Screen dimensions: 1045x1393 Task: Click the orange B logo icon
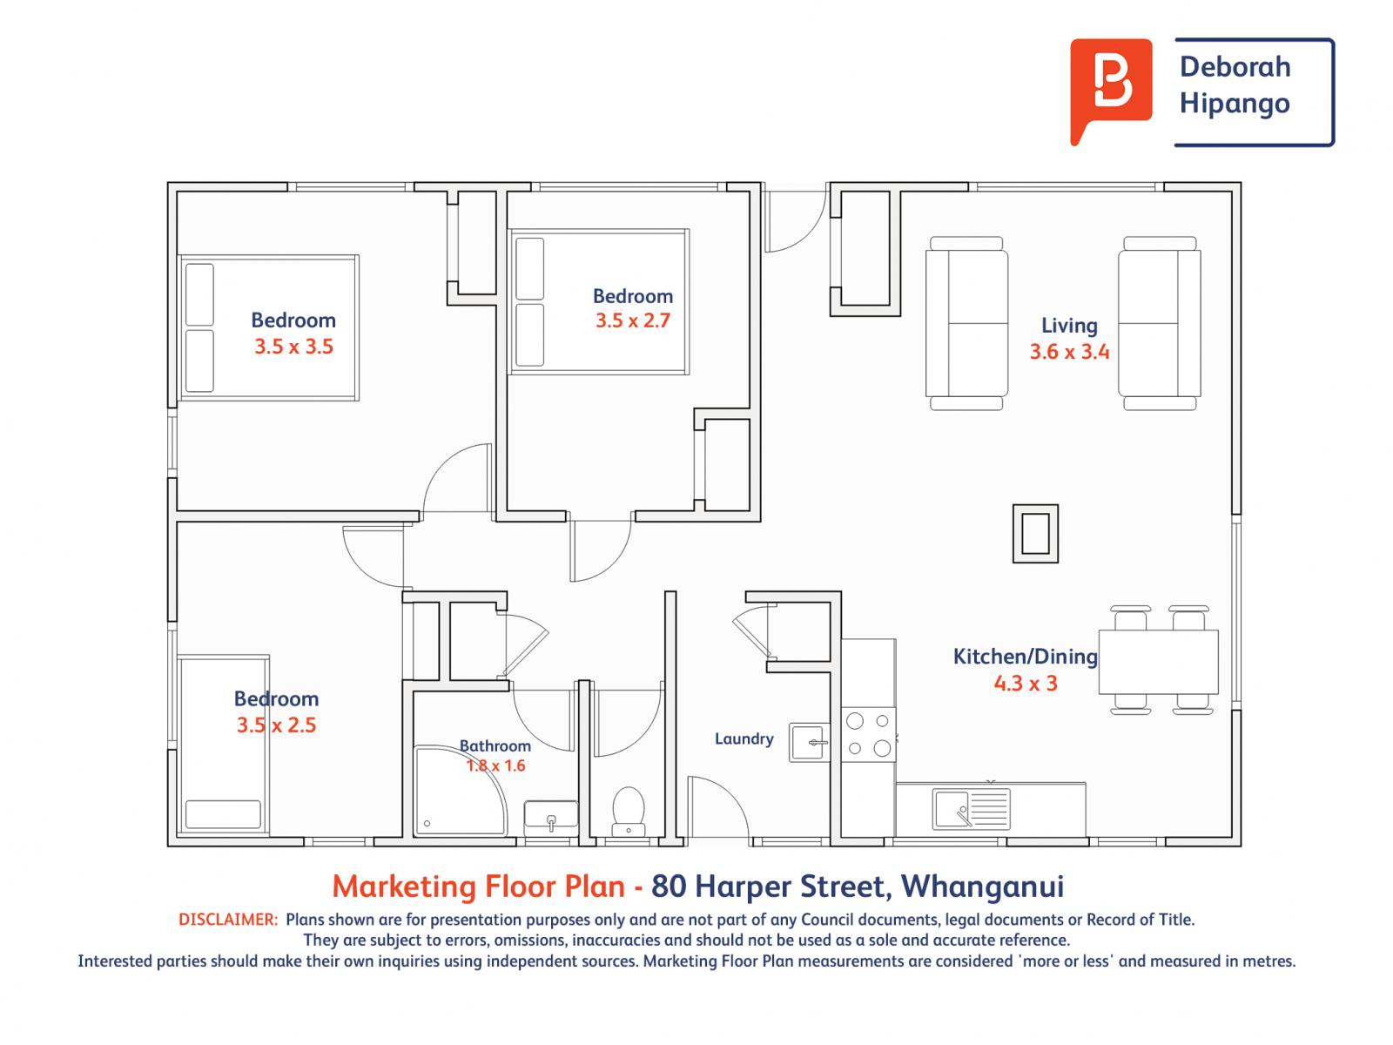click(x=1111, y=91)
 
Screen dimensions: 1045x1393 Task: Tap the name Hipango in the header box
click(x=1234, y=104)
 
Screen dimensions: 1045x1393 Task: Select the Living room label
click(x=1069, y=326)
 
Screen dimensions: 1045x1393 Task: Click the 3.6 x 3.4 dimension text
click(x=1069, y=352)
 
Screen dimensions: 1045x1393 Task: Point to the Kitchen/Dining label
click(x=1025, y=656)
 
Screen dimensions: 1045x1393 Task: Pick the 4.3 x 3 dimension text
click(x=1025, y=683)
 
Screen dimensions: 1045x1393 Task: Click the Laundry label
click(x=744, y=738)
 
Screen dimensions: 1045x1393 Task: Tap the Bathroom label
click(x=495, y=745)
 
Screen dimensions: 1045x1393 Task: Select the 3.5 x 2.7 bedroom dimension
click(x=633, y=320)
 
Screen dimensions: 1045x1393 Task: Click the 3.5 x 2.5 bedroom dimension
click(x=276, y=725)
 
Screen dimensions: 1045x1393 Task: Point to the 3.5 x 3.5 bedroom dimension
click(x=293, y=347)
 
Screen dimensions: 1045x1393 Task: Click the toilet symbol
click(x=628, y=809)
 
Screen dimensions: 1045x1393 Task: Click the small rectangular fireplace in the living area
click(x=1035, y=533)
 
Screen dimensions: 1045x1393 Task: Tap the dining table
click(x=1158, y=662)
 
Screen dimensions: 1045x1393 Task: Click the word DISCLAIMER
click(x=227, y=920)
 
